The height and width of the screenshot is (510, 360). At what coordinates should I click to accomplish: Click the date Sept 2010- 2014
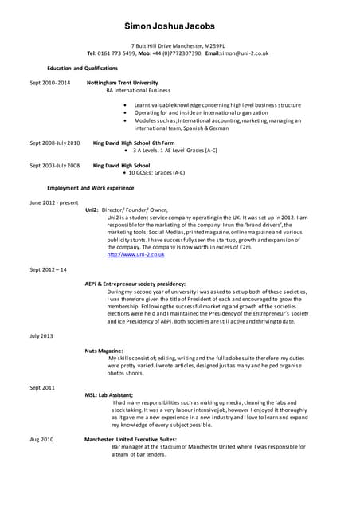click(x=50, y=83)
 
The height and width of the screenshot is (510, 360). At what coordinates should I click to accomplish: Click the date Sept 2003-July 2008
click(x=55, y=165)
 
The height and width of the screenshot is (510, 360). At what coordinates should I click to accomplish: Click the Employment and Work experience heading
click(x=91, y=188)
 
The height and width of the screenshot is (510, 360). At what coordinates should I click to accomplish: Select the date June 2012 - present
click(x=54, y=202)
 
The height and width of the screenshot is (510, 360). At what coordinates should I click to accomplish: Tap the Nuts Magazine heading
click(x=104, y=351)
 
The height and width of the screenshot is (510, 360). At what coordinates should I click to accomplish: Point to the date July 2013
click(x=41, y=336)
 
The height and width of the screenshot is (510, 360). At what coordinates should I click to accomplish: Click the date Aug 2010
click(x=41, y=440)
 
